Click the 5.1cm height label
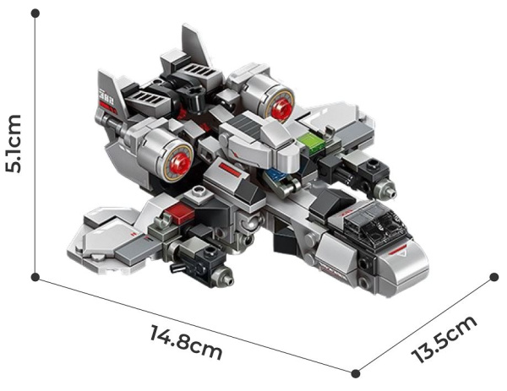(14, 144)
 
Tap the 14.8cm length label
(186, 342)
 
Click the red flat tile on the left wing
(180, 214)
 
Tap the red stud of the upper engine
(281, 109)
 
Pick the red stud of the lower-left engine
(180, 162)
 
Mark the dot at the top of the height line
(35, 14)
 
